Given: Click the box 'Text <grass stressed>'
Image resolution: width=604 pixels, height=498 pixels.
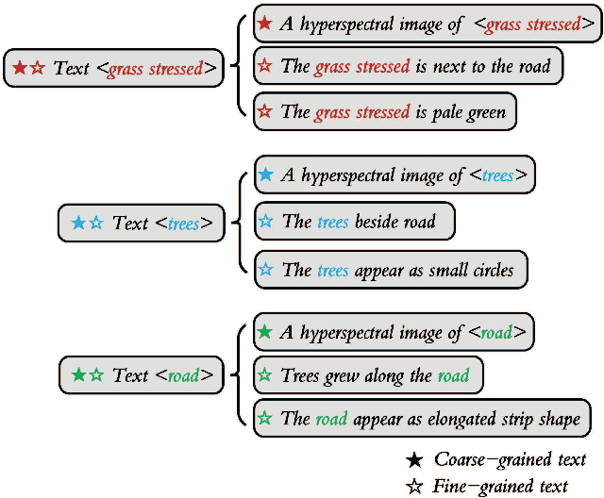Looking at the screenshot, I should click(x=113, y=68).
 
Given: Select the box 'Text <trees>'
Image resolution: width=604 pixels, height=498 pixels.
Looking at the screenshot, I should click(x=142, y=223).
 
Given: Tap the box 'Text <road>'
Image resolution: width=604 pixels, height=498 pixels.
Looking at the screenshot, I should click(x=143, y=375).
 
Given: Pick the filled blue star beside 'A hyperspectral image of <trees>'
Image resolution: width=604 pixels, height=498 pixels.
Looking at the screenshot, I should click(x=266, y=174).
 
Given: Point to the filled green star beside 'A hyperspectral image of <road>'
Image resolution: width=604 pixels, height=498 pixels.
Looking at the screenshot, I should click(x=265, y=332).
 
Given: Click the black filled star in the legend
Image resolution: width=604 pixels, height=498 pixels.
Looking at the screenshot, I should click(x=413, y=460).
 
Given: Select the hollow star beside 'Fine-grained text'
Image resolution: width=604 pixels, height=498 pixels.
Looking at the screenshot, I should click(x=413, y=486).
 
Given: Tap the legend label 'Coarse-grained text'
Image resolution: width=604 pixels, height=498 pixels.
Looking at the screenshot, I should click(x=510, y=460).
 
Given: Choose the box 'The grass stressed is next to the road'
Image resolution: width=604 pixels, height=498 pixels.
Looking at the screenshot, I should click(x=408, y=67).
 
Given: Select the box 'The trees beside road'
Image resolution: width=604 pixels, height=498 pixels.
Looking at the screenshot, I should click(x=354, y=222).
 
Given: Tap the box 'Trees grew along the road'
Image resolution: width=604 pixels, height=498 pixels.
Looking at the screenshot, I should click(x=368, y=375).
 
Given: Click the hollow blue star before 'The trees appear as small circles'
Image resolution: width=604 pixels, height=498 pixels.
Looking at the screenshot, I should click(x=266, y=270).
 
